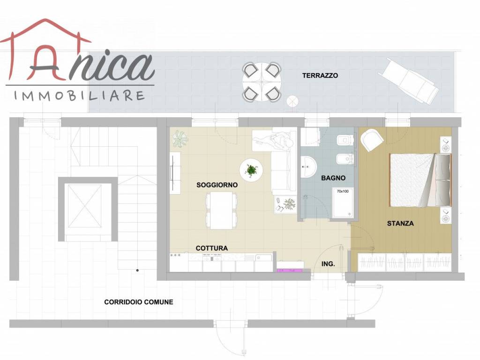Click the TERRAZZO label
click(x=320, y=75)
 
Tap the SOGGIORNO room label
click(x=217, y=185)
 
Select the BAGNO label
click(x=333, y=178)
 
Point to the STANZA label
click(x=400, y=224)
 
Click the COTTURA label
click(x=211, y=248)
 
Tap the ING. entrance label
click(x=328, y=264)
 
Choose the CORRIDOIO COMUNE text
click(x=139, y=302)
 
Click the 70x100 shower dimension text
click(x=343, y=191)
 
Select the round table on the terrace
click(x=262, y=82)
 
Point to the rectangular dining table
click(x=221, y=210)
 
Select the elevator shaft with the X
click(x=85, y=206)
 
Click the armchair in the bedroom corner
click(x=372, y=140)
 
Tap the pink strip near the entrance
click(x=290, y=270)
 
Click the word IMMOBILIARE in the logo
click(x=79, y=96)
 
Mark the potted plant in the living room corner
click(x=180, y=139)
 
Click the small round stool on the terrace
click(x=292, y=101)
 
